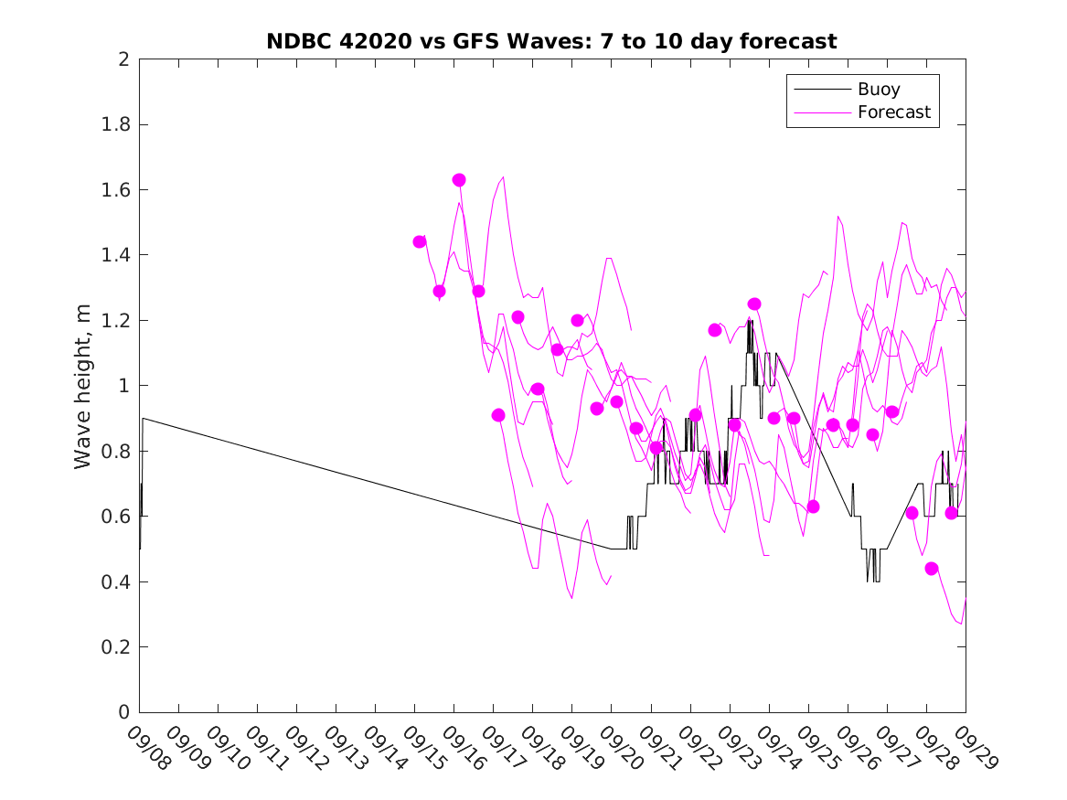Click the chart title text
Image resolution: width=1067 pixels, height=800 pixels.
(x=551, y=41)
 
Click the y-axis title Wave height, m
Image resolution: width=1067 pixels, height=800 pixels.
(x=83, y=386)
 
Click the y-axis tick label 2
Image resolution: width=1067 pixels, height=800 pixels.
(x=123, y=59)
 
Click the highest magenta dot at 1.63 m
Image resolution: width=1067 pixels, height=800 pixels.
(x=459, y=180)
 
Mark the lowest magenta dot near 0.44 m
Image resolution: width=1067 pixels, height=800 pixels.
(x=932, y=569)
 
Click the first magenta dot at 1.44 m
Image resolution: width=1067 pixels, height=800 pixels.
(x=420, y=242)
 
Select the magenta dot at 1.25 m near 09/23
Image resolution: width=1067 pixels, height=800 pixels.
(x=754, y=304)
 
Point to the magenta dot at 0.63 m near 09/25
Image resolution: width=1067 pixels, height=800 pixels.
(x=813, y=507)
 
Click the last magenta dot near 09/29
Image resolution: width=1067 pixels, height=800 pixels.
(x=951, y=513)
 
